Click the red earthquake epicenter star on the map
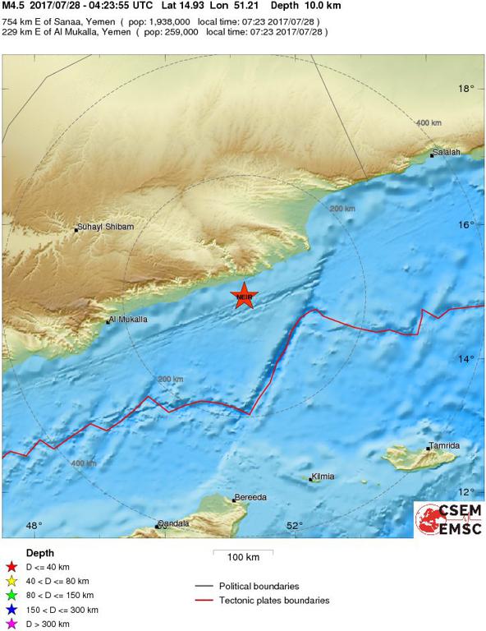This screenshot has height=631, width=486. [x=243, y=297]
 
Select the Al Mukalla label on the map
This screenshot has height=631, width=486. [x=129, y=319]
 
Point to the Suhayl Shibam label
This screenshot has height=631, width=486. [x=105, y=227]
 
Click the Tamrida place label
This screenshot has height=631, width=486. [x=444, y=445]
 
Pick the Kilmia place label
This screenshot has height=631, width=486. [x=323, y=477]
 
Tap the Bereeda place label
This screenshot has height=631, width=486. [x=250, y=497]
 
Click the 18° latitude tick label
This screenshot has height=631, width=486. [x=466, y=89]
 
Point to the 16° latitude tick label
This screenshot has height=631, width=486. [x=466, y=224]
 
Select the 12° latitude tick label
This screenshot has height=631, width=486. [x=466, y=492]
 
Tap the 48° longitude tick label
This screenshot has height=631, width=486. [x=34, y=526]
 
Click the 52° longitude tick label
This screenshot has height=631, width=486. [x=295, y=526]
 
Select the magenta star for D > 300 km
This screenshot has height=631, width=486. [x=11, y=624]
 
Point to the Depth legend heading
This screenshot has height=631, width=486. [x=40, y=553]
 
